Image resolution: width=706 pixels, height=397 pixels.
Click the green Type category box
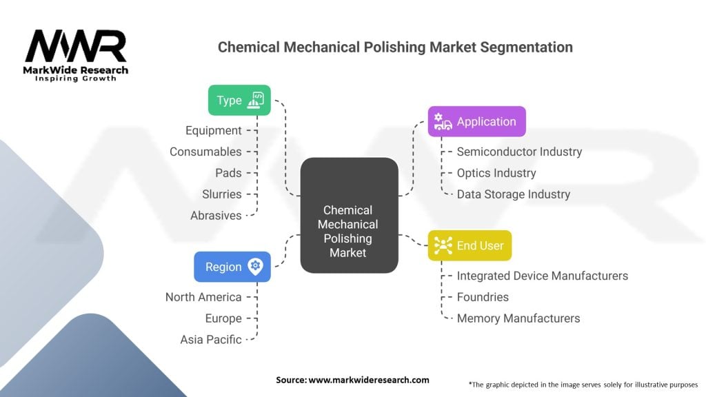(x=239, y=100)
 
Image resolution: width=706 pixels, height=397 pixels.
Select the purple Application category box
(x=476, y=121)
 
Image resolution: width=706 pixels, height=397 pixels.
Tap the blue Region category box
(x=232, y=267)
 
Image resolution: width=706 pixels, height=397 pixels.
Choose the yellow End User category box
(x=470, y=245)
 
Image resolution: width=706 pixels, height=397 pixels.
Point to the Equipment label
(x=214, y=130)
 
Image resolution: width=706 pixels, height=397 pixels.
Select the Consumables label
(x=205, y=152)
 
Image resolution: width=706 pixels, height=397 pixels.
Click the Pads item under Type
(x=228, y=173)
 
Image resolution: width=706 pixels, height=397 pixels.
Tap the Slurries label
(x=221, y=194)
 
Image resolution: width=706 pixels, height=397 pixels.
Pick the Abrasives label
(x=216, y=216)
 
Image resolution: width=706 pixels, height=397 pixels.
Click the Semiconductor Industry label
(x=519, y=152)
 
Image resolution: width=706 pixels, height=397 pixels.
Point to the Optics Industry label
(x=496, y=173)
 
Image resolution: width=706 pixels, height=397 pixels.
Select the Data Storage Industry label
(x=513, y=194)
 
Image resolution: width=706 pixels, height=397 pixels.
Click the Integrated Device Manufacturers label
(x=542, y=276)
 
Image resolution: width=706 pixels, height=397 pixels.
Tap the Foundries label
(x=483, y=297)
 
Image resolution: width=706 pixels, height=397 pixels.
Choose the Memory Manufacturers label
(x=518, y=318)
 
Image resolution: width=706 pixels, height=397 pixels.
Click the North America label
(x=203, y=297)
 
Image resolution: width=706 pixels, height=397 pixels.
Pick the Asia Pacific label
(x=211, y=340)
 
